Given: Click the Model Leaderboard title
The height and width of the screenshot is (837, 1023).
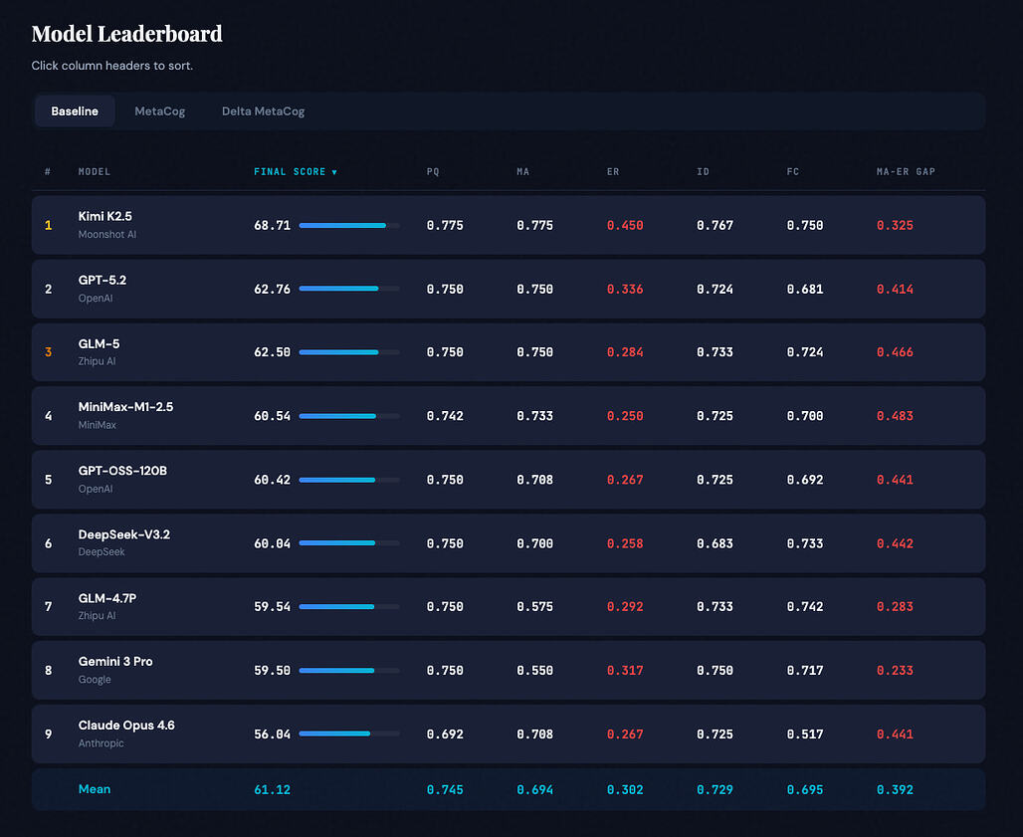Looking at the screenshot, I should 126,34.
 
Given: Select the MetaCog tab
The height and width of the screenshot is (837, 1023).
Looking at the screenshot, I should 160,111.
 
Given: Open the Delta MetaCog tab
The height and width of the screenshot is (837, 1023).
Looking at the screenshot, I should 263,111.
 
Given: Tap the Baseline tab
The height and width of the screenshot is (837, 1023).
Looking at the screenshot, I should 75,111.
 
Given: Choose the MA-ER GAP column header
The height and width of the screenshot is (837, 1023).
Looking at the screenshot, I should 906,172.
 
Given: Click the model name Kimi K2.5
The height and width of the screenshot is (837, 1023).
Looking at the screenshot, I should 105,216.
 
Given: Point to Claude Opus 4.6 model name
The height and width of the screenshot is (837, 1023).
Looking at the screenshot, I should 126,726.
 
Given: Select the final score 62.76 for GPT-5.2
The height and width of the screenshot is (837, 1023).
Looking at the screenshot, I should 272,290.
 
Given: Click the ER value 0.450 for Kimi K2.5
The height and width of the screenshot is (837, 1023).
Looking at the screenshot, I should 625,226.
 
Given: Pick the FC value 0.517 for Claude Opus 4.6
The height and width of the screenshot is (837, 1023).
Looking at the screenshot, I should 804,734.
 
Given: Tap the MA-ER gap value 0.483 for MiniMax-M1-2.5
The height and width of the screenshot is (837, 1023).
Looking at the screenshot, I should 895,416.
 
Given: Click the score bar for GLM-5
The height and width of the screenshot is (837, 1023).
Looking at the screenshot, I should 348,352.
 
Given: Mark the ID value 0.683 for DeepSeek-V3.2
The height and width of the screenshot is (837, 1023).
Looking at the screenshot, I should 715,543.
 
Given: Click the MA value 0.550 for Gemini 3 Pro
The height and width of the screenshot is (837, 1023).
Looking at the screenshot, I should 534,671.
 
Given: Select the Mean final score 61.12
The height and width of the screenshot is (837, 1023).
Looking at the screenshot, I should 272,790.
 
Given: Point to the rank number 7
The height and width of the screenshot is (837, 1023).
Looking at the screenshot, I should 48,607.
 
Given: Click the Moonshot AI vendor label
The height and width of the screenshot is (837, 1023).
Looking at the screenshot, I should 107,234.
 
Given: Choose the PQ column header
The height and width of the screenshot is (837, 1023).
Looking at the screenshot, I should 433,172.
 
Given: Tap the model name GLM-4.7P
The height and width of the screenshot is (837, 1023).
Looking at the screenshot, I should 107,598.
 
